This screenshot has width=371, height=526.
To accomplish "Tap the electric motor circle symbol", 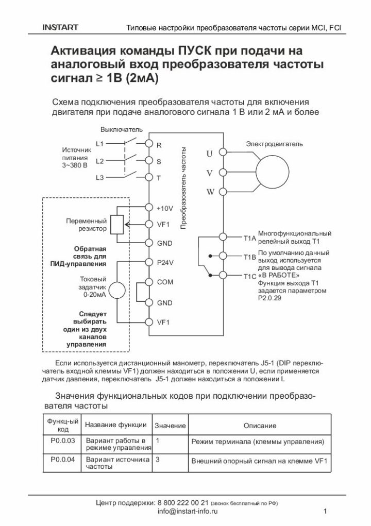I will pyautogui.click(x=274, y=172).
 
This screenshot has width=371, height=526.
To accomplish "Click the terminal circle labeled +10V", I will pyautogui.click(x=149, y=208).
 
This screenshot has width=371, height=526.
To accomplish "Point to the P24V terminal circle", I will pyautogui.click(x=149, y=262).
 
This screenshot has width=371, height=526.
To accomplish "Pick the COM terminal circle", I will pyautogui.click(x=149, y=282).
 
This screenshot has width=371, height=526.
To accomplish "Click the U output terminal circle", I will pyautogui.click(x=223, y=152).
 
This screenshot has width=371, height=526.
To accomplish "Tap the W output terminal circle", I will pyautogui.click(x=223, y=192).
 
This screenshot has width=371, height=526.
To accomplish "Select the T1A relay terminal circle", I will pyautogui.click(x=223, y=236).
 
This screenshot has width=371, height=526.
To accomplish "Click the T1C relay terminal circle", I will pyautogui.click(x=223, y=275).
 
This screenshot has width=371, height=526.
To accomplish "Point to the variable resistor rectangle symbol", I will pyautogui.click(x=117, y=225).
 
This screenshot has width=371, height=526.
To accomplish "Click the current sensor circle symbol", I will pyautogui.click(x=117, y=291).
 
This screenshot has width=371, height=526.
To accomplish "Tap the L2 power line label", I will pyautogui.click(x=100, y=161).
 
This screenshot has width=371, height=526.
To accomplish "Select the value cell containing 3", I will pyautogui.click(x=157, y=459).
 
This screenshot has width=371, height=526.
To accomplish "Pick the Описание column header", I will pyautogui.click(x=260, y=426).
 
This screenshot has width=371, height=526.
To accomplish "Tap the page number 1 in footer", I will pyautogui.click(x=326, y=512).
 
